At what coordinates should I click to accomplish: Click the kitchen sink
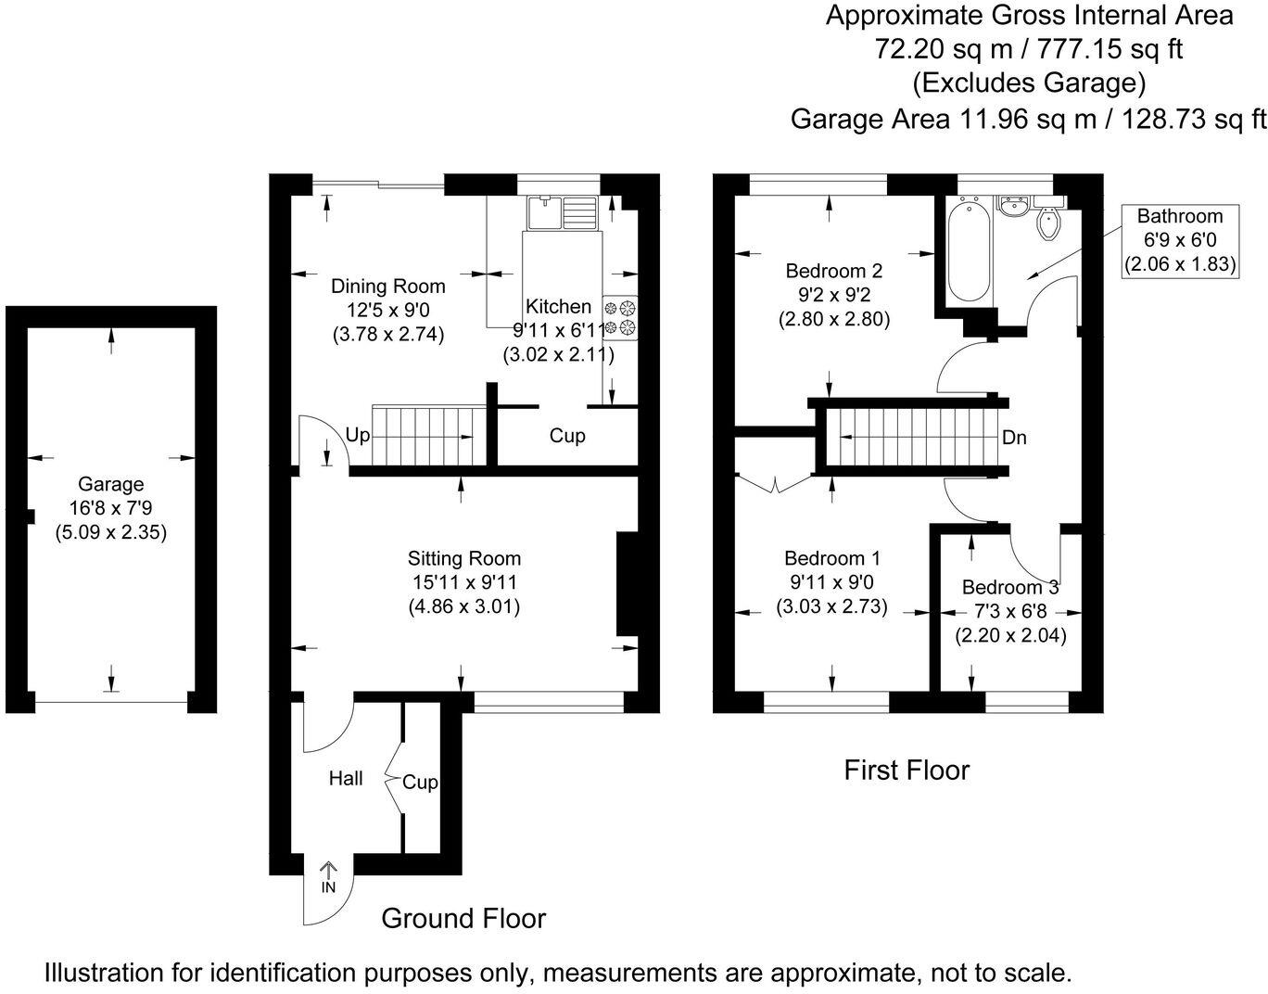(562, 213)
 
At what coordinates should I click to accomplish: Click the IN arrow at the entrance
(328, 876)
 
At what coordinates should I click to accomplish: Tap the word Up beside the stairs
(358, 434)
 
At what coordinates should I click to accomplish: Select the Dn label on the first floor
(1014, 438)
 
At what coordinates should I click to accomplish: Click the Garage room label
(110, 484)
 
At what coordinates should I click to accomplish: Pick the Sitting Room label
(464, 558)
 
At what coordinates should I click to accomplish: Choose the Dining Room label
(388, 286)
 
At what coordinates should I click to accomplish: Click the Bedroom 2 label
(833, 271)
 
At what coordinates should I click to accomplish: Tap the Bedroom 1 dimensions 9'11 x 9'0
(832, 582)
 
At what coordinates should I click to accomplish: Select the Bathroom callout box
(1180, 240)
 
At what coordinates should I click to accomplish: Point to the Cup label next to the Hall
(420, 783)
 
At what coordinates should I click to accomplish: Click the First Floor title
(907, 770)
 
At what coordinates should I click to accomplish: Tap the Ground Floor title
(463, 918)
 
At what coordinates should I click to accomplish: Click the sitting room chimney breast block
(628, 584)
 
